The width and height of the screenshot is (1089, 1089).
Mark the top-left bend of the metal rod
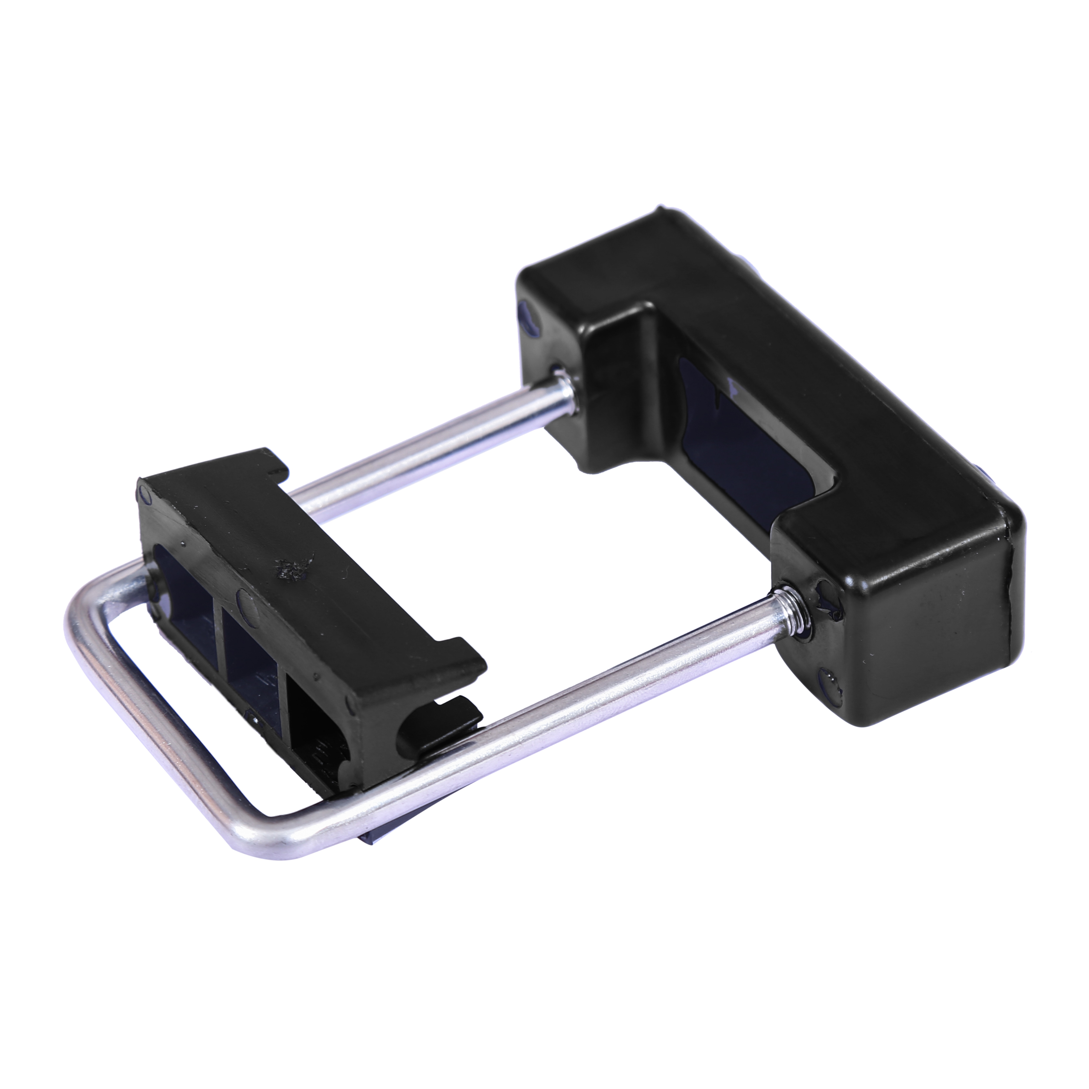click(x=85, y=609)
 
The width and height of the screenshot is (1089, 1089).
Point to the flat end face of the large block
click(x=924, y=637)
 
